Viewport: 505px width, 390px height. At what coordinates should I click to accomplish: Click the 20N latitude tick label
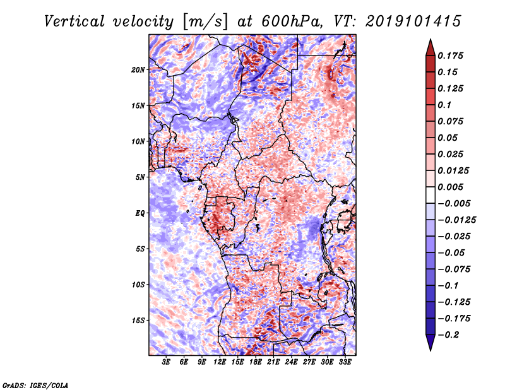click(138, 70)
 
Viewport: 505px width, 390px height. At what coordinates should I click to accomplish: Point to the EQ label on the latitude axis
click(140, 213)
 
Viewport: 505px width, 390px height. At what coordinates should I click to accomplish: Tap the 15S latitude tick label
click(138, 321)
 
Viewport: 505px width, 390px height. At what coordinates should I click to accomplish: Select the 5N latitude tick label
click(140, 177)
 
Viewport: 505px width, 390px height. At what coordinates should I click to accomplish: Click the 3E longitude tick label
click(166, 362)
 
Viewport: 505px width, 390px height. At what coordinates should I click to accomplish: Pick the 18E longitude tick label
click(256, 362)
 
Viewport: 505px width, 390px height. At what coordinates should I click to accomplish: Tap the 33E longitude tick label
click(345, 362)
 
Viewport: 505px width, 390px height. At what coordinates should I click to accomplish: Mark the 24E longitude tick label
click(291, 362)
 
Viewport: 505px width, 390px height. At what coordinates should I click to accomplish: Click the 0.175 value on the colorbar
click(450, 56)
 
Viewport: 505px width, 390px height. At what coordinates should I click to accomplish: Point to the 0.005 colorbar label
click(450, 187)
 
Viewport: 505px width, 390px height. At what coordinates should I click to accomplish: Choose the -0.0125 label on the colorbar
click(456, 220)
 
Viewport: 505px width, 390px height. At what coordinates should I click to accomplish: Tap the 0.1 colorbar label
click(444, 105)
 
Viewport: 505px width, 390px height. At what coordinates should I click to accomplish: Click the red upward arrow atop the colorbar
click(431, 47)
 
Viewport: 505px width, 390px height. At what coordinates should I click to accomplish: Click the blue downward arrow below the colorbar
click(431, 343)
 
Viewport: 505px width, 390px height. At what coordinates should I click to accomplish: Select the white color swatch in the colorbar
click(431, 195)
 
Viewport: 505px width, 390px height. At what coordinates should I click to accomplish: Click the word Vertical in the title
click(74, 21)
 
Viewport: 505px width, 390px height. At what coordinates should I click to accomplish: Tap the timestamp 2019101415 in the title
click(413, 21)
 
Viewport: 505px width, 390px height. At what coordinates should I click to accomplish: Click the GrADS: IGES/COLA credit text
click(35, 385)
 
